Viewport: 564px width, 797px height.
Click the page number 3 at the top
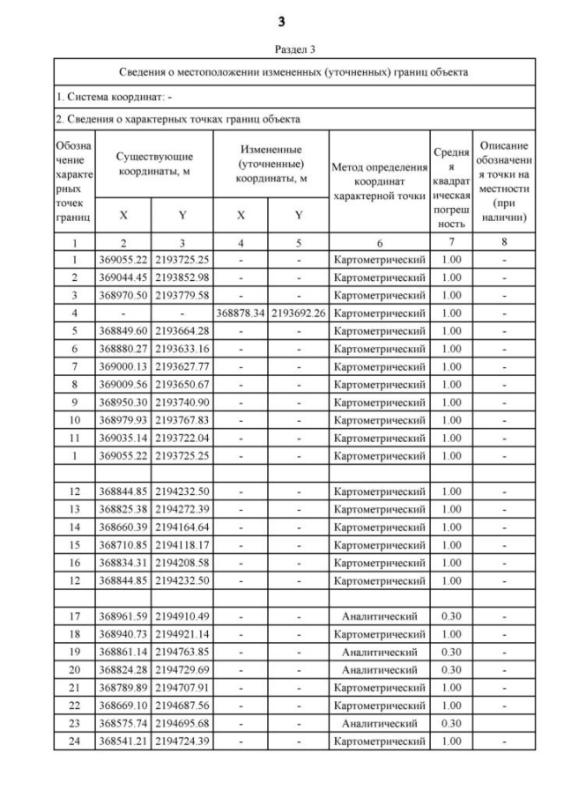pyautogui.click(x=282, y=20)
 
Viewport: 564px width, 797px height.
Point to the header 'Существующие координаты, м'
pyautogui.click(x=153, y=164)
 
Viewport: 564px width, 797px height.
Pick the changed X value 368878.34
pyautogui.click(x=241, y=313)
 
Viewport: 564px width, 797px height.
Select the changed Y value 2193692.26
pyautogui.click(x=300, y=313)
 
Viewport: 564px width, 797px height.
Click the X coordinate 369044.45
pyautogui.click(x=123, y=277)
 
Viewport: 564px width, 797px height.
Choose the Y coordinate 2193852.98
pyautogui.click(x=182, y=277)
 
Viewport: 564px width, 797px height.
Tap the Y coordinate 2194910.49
pyautogui.click(x=182, y=616)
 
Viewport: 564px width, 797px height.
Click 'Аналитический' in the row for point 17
pyautogui.click(x=379, y=616)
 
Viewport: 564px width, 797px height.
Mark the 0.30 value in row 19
pyautogui.click(x=450, y=653)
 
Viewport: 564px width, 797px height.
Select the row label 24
pyautogui.click(x=75, y=742)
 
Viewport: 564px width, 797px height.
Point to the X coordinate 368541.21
pyautogui.click(x=123, y=742)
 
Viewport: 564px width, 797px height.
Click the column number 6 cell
pyautogui.click(x=379, y=242)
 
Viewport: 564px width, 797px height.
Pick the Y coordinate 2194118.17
pyautogui.click(x=182, y=545)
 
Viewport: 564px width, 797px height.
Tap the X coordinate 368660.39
pyautogui.click(x=123, y=528)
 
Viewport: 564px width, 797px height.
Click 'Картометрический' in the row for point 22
pyautogui.click(x=379, y=705)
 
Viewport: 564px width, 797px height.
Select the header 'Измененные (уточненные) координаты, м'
pyautogui.click(x=271, y=164)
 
